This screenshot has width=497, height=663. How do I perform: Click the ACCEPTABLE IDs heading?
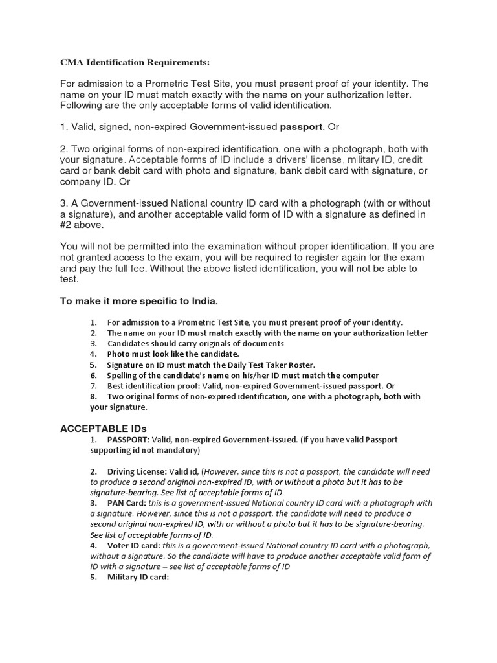(x=104, y=429)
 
